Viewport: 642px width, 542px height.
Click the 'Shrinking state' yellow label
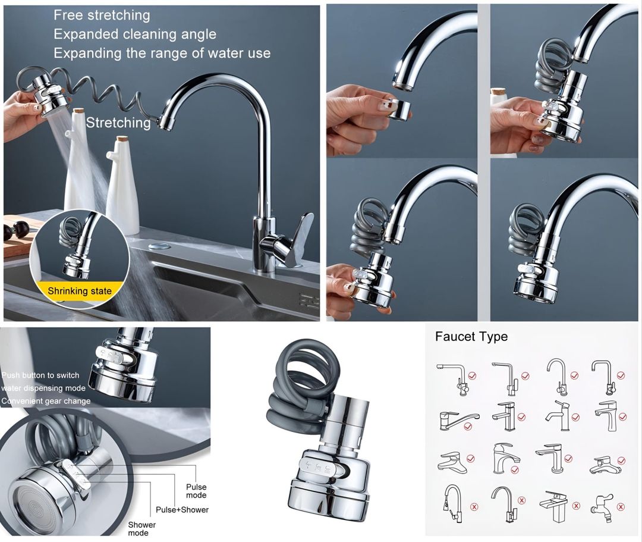(79, 291)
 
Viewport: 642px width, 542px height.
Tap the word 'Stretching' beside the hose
(118, 123)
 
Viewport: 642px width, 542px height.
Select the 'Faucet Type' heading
(471, 337)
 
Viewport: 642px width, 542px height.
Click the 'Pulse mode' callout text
(196, 491)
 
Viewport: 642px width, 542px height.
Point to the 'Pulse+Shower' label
(182, 510)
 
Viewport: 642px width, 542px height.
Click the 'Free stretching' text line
(102, 15)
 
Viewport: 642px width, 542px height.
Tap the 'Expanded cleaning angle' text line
(135, 34)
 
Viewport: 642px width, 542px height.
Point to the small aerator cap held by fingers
(397, 109)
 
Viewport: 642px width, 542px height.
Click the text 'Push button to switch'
(40, 375)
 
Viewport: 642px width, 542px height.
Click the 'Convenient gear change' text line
(46, 401)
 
